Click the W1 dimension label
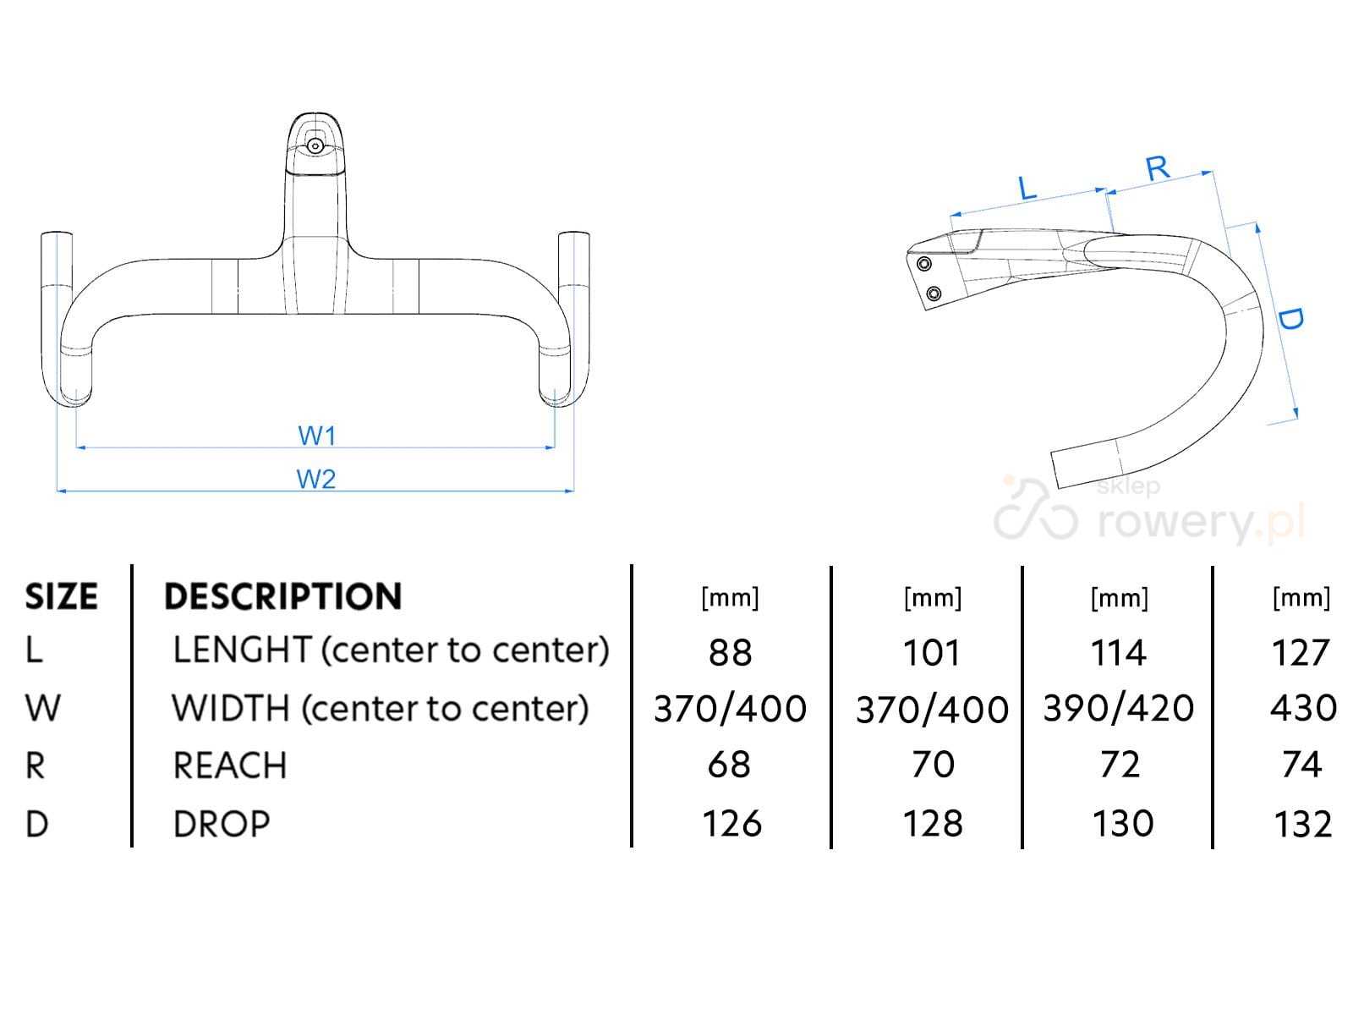(x=317, y=436)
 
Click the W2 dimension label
(x=316, y=479)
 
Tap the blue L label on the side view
(x=1027, y=188)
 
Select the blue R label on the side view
(x=1158, y=168)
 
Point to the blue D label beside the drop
(x=1290, y=319)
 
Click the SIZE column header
(x=61, y=596)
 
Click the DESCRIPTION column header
(x=282, y=596)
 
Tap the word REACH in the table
(x=230, y=765)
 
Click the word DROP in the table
(x=222, y=824)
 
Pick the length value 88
(x=730, y=653)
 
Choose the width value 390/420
(x=1118, y=709)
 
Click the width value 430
(x=1302, y=709)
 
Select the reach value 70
(x=933, y=765)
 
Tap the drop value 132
(x=1302, y=824)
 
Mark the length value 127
(x=1301, y=653)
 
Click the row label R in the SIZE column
(x=36, y=765)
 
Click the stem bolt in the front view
(x=315, y=145)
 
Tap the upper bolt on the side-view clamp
(x=923, y=264)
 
